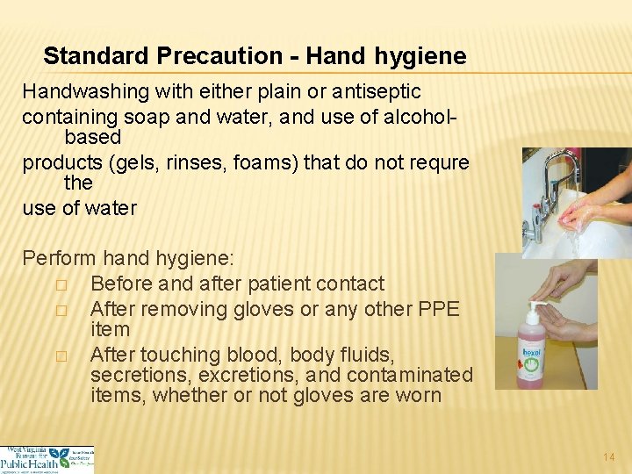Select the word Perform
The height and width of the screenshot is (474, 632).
click(59, 259)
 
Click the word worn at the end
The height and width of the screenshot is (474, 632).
click(420, 395)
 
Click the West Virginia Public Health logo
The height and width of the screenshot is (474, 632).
click(47, 459)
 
